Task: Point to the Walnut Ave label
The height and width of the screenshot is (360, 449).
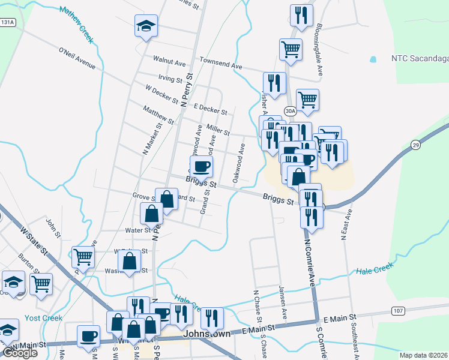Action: coord(169,61)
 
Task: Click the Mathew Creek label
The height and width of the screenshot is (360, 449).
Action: coord(76,25)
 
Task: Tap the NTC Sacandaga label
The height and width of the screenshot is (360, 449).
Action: coord(420,59)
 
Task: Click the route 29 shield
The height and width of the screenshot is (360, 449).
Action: coord(415,145)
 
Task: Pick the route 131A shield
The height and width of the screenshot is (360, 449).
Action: coord(8,22)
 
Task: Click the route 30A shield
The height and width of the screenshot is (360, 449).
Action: coord(291,111)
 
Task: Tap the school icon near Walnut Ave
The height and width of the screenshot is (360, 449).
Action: coord(145,26)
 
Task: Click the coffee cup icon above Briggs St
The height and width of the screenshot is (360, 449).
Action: coord(201,166)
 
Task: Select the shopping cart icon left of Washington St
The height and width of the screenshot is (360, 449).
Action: coord(83,256)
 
